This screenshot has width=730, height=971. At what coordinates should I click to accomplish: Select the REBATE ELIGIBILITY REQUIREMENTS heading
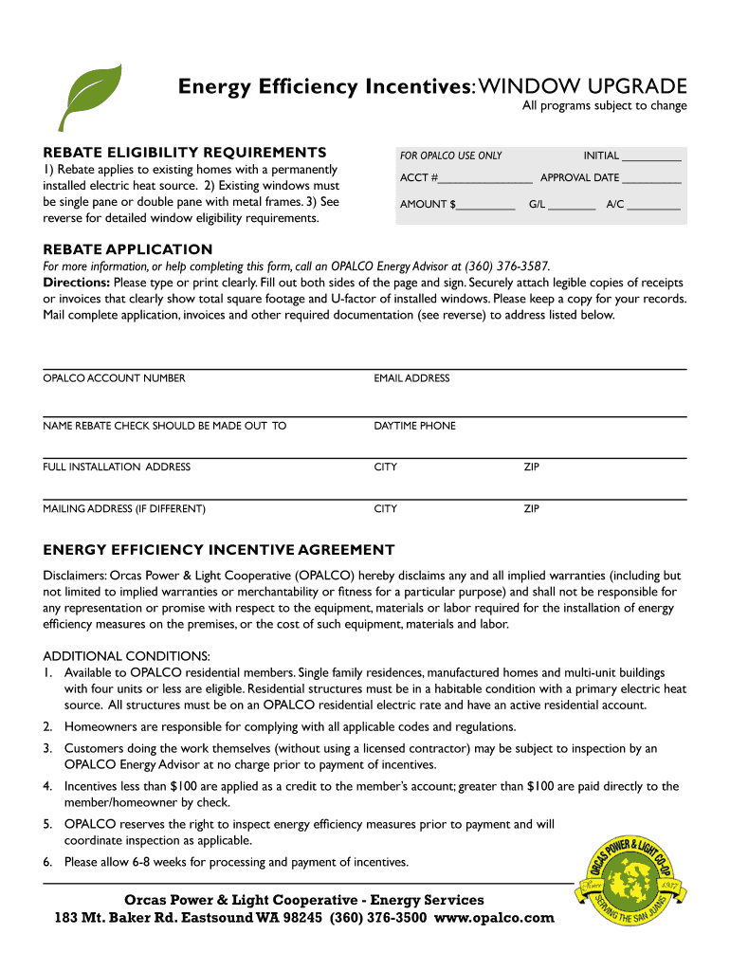[x=185, y=152]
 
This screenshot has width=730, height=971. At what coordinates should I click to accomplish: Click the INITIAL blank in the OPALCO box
[x=652, y=156]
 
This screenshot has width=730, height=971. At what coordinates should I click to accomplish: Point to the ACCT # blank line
[x=485, y=179]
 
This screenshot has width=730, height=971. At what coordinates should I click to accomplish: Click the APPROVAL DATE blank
[x=652, y=179]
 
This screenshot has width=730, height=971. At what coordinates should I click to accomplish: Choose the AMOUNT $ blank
[x=485, y=206]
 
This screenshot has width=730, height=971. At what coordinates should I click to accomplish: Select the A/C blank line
[x=653, y=206]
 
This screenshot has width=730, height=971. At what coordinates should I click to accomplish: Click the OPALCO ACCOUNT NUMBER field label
[x=114, y=378]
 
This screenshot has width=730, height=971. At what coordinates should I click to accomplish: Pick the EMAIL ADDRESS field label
[x=411, y=378]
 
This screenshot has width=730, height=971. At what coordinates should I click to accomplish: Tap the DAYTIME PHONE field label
[x=414, y=426]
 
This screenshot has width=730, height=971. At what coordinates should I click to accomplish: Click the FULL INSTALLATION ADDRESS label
[x=117, y=467]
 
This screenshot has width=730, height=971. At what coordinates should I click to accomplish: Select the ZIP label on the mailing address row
[x=532, y=509]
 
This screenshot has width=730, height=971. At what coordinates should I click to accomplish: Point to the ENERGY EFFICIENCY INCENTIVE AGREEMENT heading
[x=219, y=550]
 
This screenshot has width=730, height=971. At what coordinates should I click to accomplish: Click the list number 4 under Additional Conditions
[x=47, y=786]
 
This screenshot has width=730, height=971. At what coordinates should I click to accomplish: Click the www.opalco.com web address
[x=494, y=918]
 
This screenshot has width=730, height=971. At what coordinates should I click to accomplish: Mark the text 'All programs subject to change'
[x=604, y=106]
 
